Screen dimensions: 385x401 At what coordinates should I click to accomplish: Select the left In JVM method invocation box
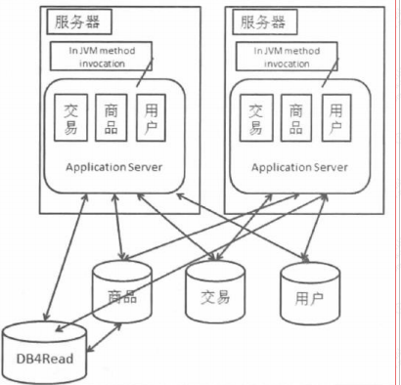[x=101, y=56]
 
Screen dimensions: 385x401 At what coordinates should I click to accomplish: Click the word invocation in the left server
[x=102, y=63]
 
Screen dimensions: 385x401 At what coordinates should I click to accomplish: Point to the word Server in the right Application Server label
[x=329, y=167]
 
